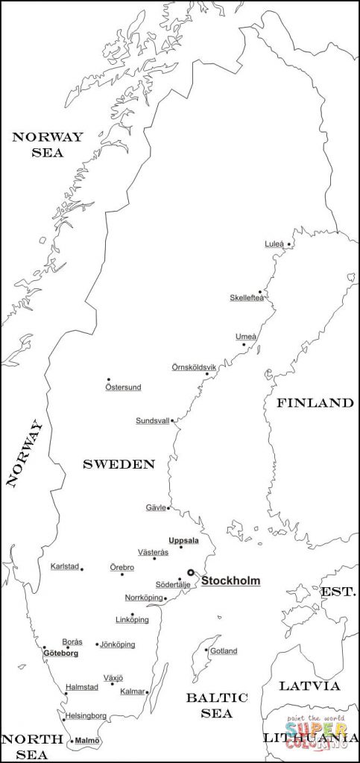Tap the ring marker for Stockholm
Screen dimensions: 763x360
[191, 572]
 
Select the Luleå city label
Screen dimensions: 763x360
[274, 244]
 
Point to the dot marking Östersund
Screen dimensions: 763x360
[109, 379]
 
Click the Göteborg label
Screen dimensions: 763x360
[60, 653]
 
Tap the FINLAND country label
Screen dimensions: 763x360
[315, 403]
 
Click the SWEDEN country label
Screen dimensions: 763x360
[119, 464]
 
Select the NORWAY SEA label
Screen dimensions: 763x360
[47, 145]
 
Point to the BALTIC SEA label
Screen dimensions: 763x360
[216, 705]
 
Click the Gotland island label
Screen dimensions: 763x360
[223, 651]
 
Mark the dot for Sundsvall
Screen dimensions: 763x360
[172, 421]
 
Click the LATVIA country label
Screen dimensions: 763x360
[309, 686]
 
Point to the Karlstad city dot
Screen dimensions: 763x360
[82, 569]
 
